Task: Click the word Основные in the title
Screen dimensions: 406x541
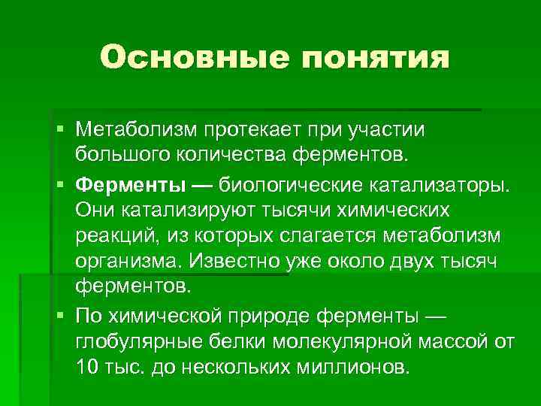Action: pos(189,57)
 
